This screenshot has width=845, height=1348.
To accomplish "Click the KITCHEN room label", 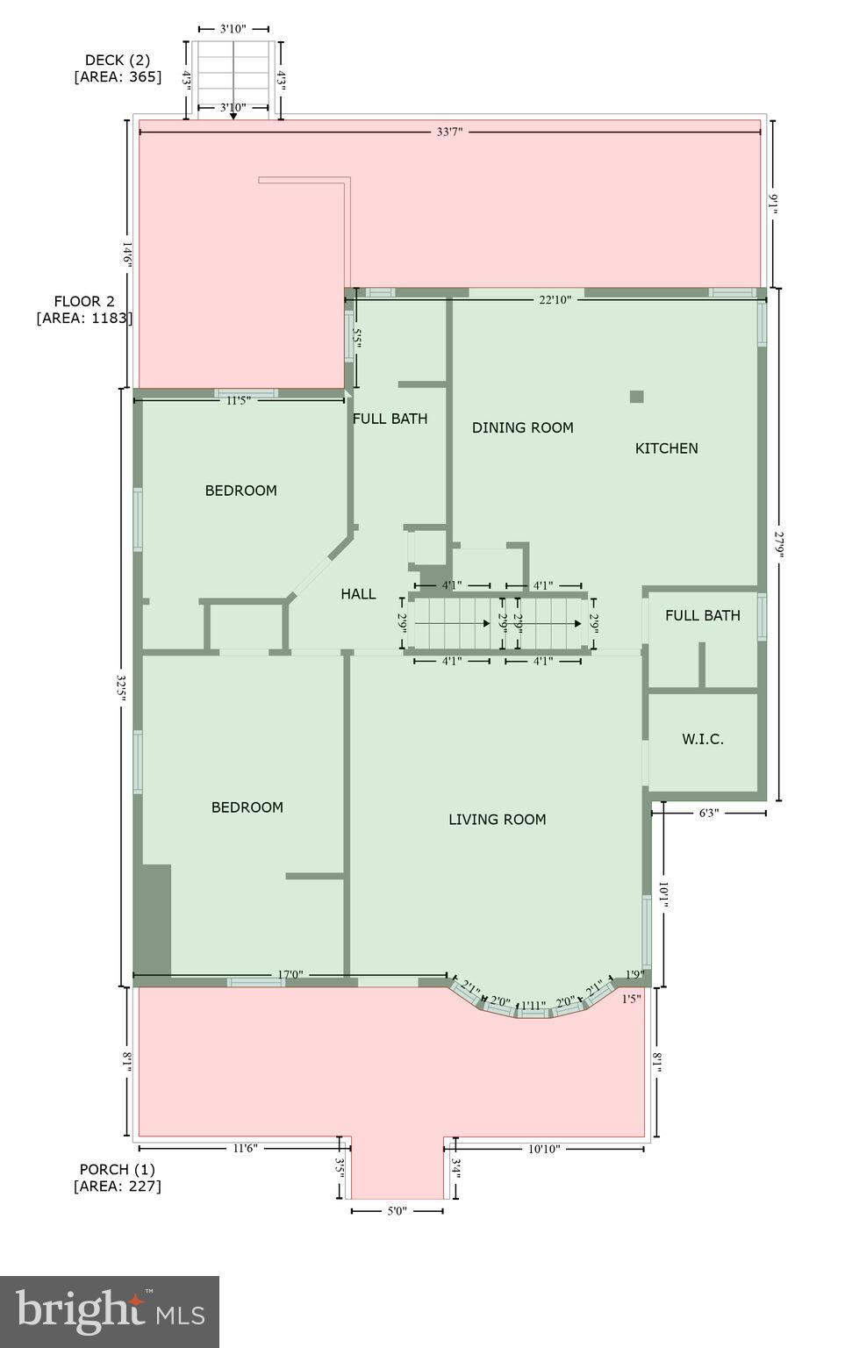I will click(x=666, y=448).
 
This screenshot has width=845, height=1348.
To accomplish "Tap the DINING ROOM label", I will click(x=522, y=427).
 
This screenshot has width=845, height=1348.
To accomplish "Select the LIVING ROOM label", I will click(x=497, y=820).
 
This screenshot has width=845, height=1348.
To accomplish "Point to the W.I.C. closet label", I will click(x=702, y=739).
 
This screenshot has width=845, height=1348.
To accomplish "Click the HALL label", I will click(x=358, y=594).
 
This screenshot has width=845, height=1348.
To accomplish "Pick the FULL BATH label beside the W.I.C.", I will click(x=702, y=615).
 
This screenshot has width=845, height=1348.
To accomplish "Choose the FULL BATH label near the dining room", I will click(x=390, y=419).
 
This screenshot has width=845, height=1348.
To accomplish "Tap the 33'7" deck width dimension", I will click(x=449, y=133).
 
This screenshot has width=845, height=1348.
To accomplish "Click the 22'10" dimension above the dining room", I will click(x=555, y=300).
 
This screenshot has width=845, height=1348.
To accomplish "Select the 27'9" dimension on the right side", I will click(x=778, y=545).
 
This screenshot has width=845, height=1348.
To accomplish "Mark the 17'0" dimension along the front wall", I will click(x=290, y=974).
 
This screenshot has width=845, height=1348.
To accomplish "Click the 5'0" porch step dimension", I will click(x=397, y=1211).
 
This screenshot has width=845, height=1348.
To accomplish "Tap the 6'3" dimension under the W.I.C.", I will click(x=708, y=814).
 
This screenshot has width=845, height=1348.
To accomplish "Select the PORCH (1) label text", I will click(x=117, y=1169).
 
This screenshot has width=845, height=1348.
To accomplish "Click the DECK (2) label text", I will click(x=117, y=61).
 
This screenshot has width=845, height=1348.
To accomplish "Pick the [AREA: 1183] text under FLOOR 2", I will click(x=84, y=318).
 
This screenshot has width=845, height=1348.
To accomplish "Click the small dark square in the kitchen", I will click(x=636, y=397).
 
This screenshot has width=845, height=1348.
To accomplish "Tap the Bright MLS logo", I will click(x=110, y=1311).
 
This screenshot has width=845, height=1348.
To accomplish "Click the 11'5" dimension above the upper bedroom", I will click(x=239, y=400).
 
